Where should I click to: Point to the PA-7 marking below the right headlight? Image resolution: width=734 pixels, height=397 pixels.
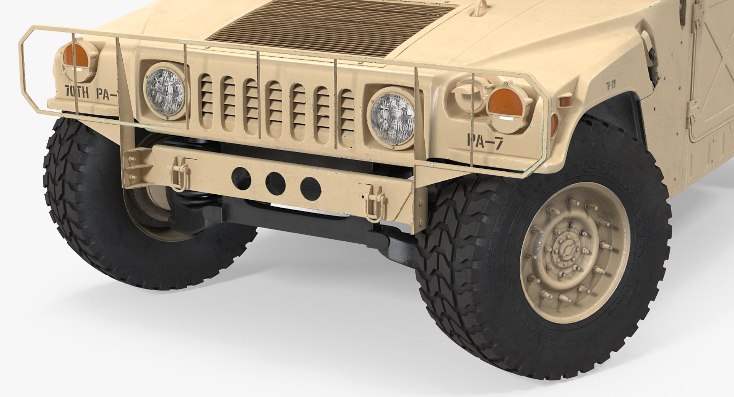485,142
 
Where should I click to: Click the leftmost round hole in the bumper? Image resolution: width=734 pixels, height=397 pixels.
240,175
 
